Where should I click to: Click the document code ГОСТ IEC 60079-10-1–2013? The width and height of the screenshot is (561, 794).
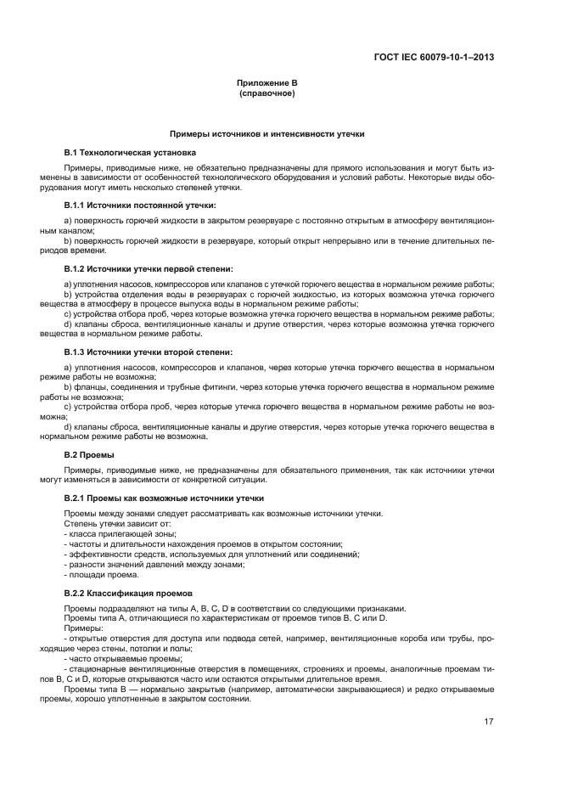(x=434, y=58)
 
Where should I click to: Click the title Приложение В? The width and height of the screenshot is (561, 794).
(x=267, y=83)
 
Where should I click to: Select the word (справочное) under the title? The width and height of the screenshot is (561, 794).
(x=267, y=93)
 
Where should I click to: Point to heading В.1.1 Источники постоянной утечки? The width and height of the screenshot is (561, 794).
(x=134, y=206)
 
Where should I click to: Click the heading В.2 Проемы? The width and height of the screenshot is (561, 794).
(x=89, y=454)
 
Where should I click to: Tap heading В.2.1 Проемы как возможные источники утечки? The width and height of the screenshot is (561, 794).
(x=164, y=498)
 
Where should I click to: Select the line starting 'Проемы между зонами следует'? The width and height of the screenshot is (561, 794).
(x=223, y=513)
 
